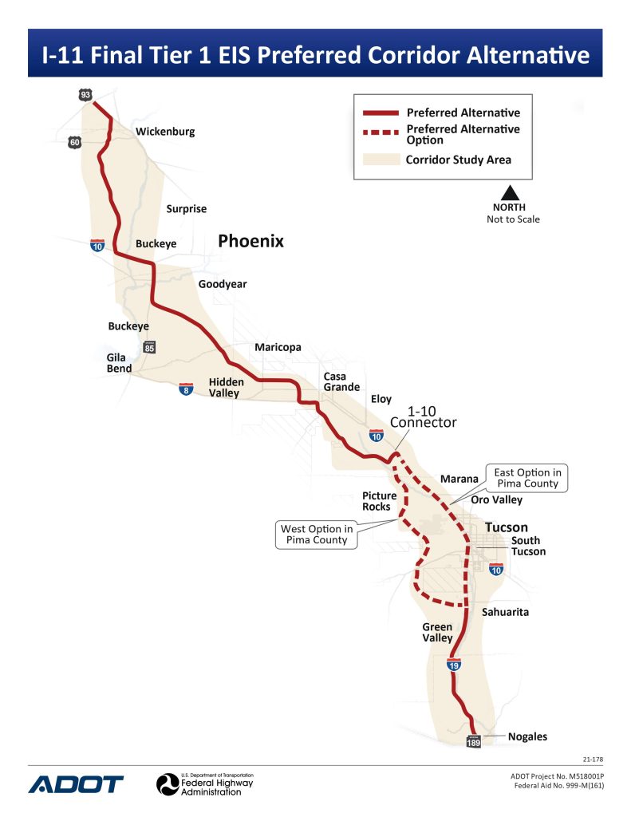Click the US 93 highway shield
[85, 95]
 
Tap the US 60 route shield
[74, 143]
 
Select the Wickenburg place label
[165, 132]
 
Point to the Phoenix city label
[251, 241]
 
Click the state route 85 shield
[150, 347]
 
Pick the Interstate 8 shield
[185, 389]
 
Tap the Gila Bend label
[120, 363]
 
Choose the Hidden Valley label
[227, 387]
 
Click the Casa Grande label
[341, 381]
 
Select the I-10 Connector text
[423, 416]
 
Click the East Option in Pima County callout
[527, 478]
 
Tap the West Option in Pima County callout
[316, 534]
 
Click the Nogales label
[528, 736]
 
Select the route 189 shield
[473, 741]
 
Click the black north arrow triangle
[511, 192]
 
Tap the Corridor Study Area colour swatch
[380, 159]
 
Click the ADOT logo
[77, 783]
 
